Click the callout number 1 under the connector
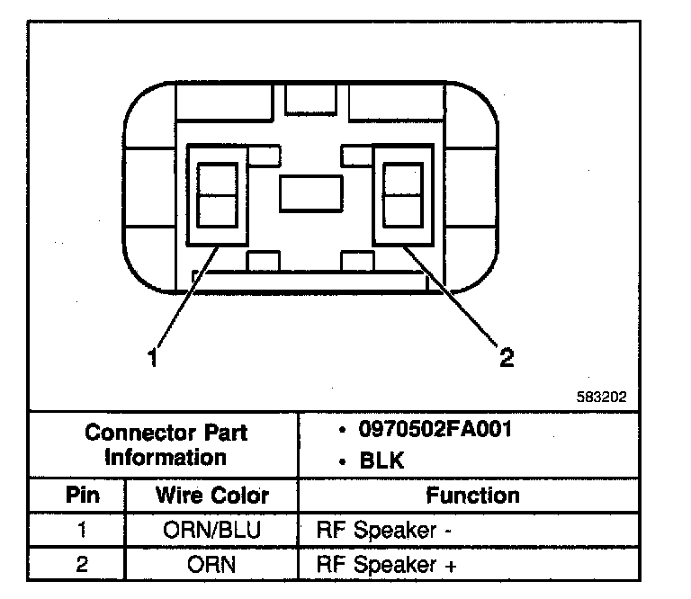154,358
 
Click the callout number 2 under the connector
507,358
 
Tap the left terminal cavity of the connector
216,193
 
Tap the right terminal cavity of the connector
402,193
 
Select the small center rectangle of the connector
310,192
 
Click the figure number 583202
602,396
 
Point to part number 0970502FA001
435,429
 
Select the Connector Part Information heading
166,444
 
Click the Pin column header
82,496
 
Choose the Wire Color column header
212,496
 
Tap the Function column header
472,496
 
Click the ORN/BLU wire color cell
212,530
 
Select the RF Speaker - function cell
383,530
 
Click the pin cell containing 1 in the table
82,530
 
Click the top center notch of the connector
310,99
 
